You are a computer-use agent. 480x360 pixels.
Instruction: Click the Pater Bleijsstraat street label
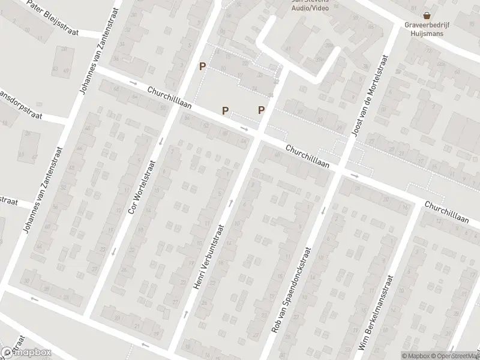[x=58, y=20]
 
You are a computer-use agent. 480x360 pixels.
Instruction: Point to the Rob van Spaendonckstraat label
[x=292, y=290]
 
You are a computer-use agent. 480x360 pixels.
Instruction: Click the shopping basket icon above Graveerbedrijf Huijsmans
[x=427, y=16]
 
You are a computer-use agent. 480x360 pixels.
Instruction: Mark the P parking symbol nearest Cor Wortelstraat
[x=203, y=67]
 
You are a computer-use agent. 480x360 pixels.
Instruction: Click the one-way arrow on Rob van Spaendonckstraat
[x=323, y=210]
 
